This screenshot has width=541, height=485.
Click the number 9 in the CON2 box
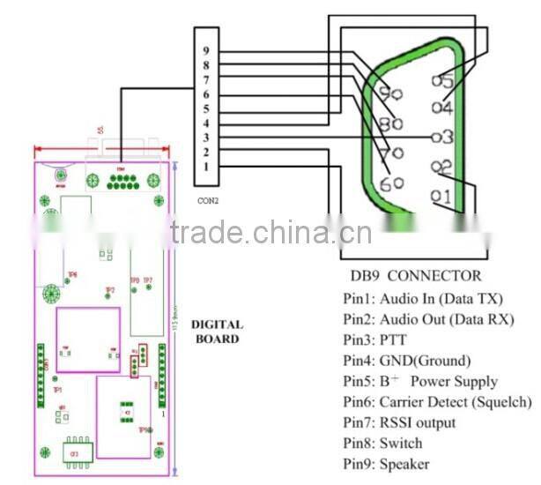coord(205,50)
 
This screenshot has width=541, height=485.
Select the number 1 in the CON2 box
coord(205,167)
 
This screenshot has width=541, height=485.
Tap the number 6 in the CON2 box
coord(205,94)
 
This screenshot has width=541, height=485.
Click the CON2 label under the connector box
coord(209,200)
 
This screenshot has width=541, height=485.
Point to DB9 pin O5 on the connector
coord(442,80)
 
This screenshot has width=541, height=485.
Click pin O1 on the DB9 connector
coord(442,195)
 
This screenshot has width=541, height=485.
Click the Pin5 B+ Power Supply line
coord(421,382)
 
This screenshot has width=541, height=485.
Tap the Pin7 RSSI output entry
coord(400,422)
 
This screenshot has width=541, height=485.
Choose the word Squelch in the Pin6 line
coord(501,402)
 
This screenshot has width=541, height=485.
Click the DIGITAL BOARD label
coord(217,331)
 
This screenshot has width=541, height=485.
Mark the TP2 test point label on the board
coord(110,290)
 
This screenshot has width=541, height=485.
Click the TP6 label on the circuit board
coord(72,274)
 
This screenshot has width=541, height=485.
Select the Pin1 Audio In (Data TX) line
coord(426,299)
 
